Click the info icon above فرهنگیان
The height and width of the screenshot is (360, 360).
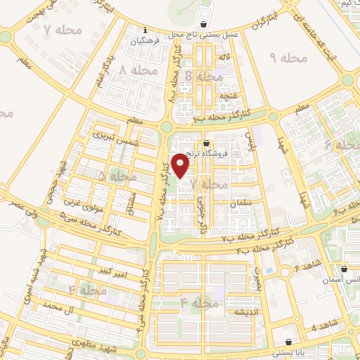coord(145,30)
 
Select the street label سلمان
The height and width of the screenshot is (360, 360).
coord(239,203)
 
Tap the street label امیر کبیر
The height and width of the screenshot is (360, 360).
coord(113,269)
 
